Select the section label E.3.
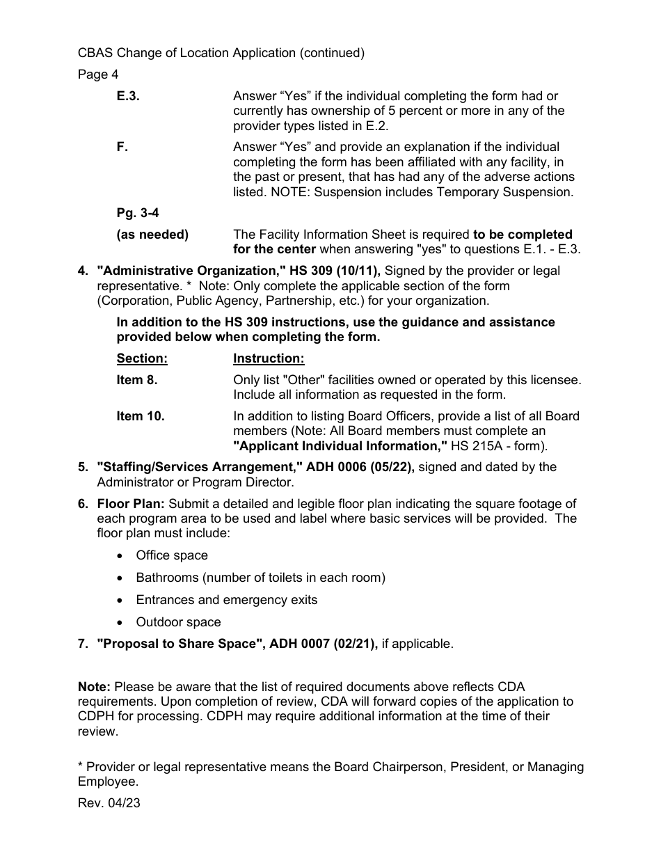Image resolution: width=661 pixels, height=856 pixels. click(x=128, y=97)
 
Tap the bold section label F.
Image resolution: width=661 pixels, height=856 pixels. click(x=122, y=148)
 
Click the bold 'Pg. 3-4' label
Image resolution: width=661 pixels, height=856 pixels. click(x=138, y=214)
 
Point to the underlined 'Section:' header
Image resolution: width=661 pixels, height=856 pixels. click(x=142, y=359)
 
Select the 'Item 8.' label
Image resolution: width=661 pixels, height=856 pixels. click(x=137, y=381)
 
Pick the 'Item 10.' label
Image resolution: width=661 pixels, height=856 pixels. click(x=141, y=417)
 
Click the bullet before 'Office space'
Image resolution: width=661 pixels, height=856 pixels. click(x=122, y=556)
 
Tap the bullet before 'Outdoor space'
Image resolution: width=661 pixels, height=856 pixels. click(x=122, y=623)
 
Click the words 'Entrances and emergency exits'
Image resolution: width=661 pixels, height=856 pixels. click(x=226, y=600)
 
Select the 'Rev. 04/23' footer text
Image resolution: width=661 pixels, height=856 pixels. click(x=109, y=803)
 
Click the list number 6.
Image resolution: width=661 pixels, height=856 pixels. click(x=83, y=504)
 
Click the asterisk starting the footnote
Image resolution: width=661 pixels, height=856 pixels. click(x=81, y=766)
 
